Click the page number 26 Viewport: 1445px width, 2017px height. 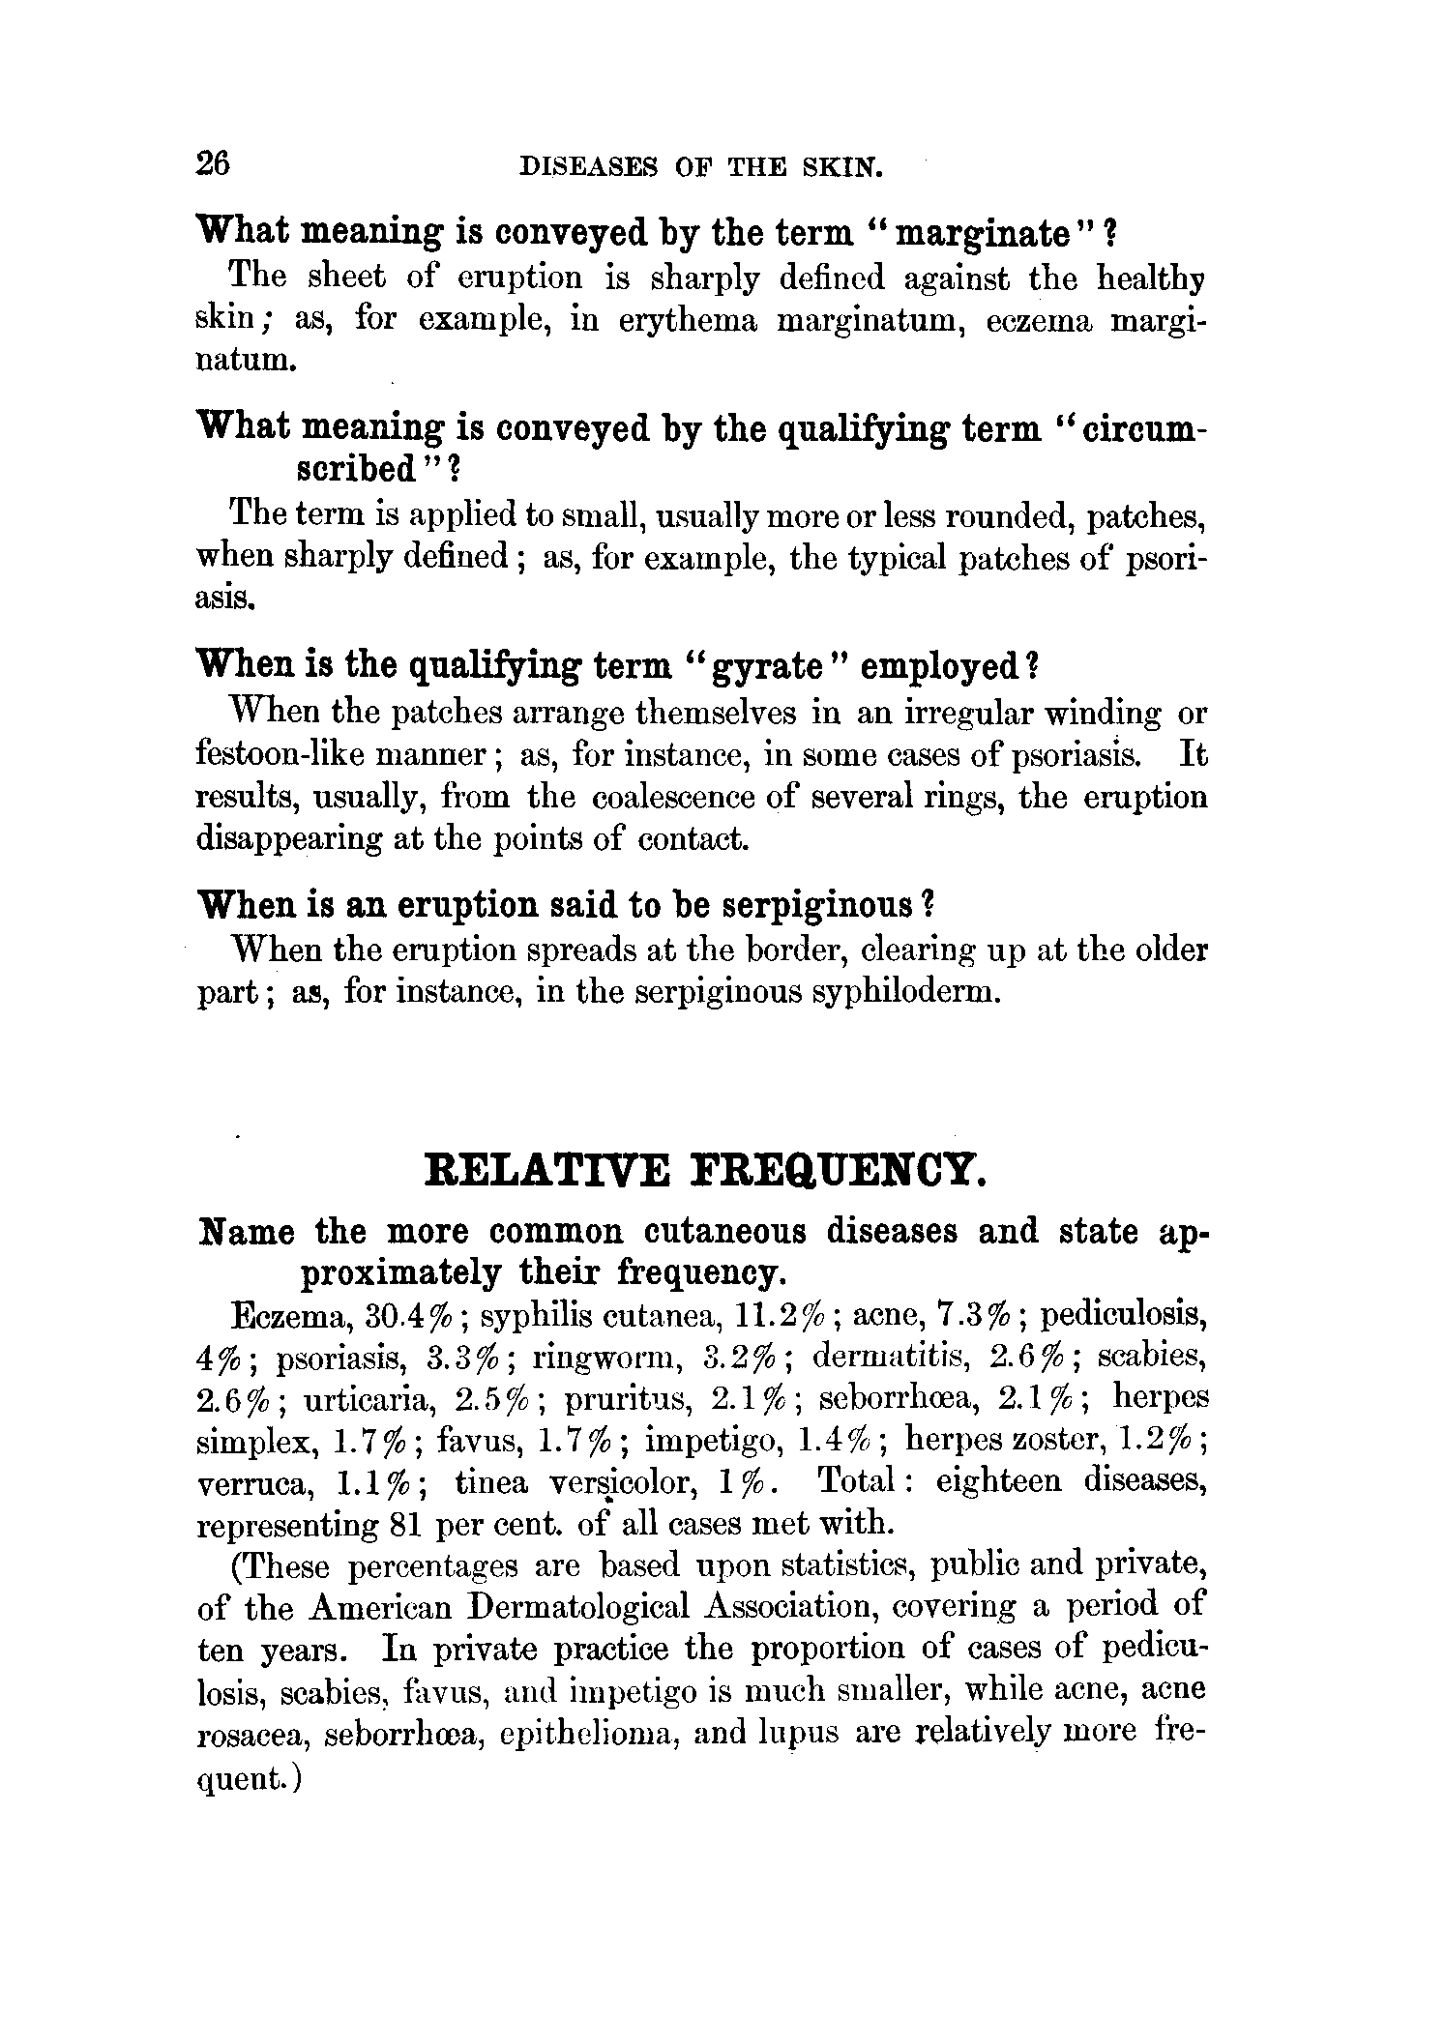pos(213,163)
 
